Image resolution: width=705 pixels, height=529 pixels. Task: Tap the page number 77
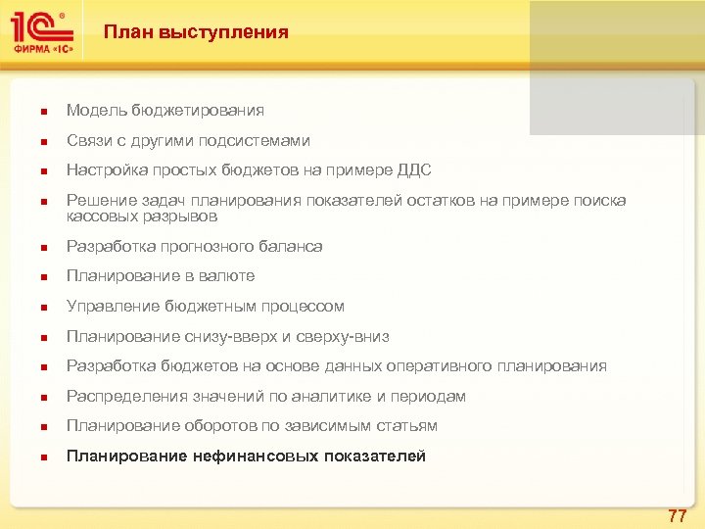tap(677, 515)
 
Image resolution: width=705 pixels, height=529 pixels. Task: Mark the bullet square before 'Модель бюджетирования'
tap(32, 112)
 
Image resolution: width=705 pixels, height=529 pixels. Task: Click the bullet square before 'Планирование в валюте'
tap(32, 277)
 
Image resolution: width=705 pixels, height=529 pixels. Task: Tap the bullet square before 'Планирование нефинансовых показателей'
tap(32, 457)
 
